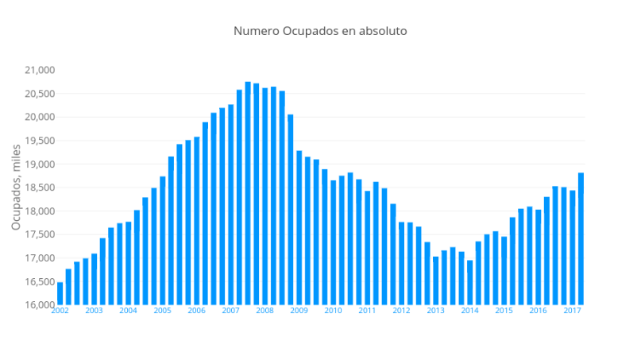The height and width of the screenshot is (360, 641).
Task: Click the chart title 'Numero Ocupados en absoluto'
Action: point(320,31)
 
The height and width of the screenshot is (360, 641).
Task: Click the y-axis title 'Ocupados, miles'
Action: point(16,188)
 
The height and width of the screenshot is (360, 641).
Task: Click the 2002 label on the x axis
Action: point(60,311)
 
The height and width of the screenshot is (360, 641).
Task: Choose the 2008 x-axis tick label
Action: point(265,311)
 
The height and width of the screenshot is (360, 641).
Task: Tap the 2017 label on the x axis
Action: point(572,311)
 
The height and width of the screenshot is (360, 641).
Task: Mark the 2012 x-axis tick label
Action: point(401,311)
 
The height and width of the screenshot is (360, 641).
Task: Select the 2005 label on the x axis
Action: point(162,311)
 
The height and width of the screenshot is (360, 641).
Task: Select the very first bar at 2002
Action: point(60,293)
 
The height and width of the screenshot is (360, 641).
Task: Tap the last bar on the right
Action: point(581,238)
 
